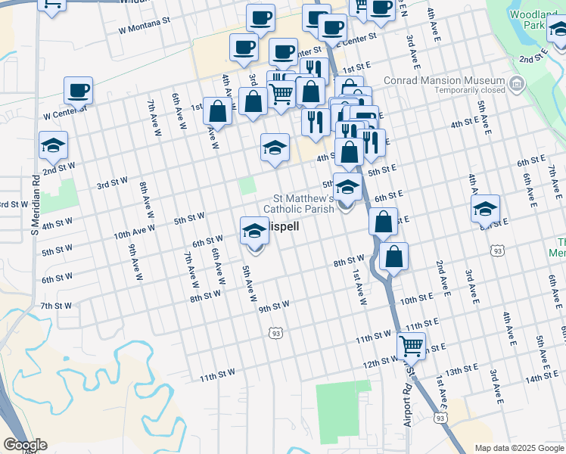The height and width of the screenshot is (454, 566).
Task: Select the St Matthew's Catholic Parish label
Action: point(298,204)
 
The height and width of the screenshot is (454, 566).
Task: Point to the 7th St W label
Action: point(56,306)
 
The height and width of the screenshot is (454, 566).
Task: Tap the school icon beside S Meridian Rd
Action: point(54,145)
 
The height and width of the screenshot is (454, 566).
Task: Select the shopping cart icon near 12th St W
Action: point(411,347)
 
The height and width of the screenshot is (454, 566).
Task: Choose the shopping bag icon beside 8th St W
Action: point(394,257)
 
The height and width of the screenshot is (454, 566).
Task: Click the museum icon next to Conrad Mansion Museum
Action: point(517,82)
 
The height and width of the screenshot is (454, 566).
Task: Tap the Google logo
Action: point(25,445)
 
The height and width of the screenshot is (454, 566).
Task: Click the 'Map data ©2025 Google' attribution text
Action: point(519,448)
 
